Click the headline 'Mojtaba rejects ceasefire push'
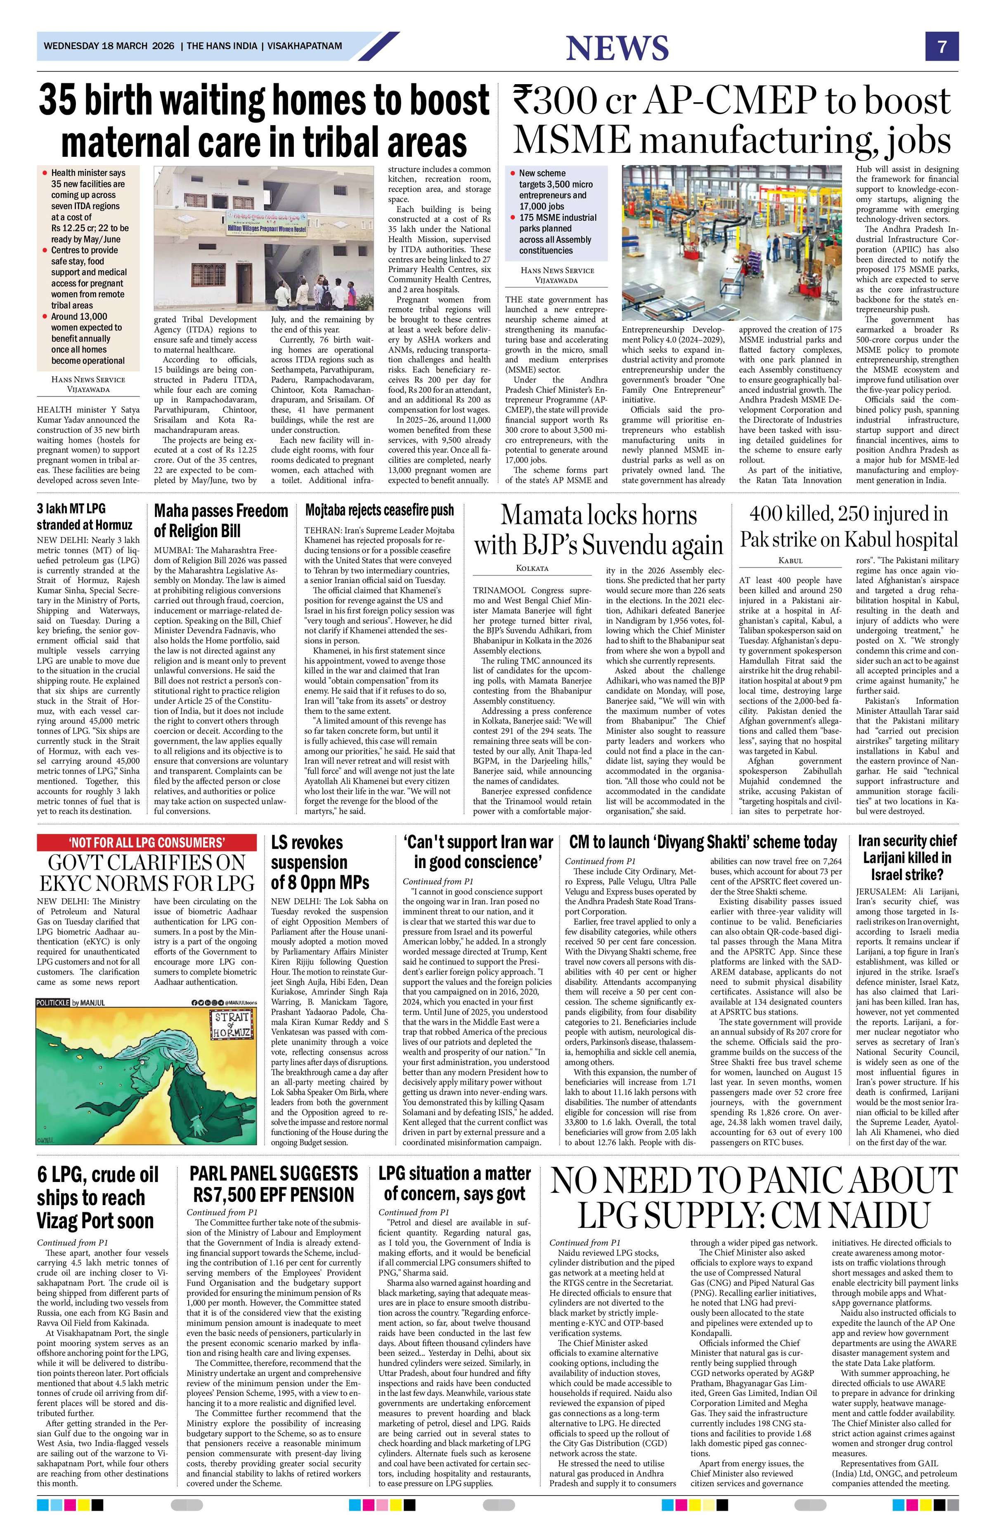(380, 510)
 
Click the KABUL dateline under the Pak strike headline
(791, 561)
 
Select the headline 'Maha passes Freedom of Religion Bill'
(221, 521)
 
